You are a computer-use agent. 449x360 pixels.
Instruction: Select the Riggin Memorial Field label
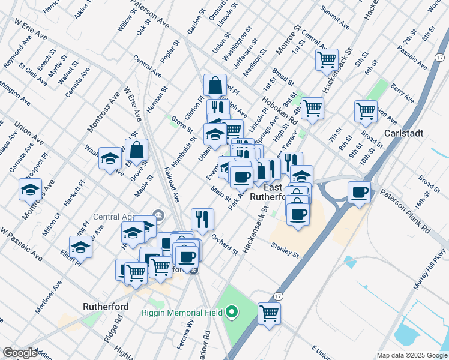[182, 313]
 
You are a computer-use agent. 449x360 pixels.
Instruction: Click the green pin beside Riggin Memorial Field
[231, 312]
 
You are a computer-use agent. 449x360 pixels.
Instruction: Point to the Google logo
[20, 353]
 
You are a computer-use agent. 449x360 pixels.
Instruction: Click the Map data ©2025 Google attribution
[411, 355]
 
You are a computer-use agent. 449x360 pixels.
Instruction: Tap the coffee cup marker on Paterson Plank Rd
[360, 193]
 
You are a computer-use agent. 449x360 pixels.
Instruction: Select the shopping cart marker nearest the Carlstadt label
[366, 110]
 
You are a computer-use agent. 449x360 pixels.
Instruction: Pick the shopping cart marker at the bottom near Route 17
[270, 313]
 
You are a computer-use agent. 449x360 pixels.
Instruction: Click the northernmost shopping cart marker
[327, 59]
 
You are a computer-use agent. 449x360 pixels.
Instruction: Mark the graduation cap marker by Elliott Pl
[80, 247]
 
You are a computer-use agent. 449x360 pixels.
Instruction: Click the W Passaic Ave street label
[21, 244]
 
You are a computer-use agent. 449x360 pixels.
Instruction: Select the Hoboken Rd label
[285, 103]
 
